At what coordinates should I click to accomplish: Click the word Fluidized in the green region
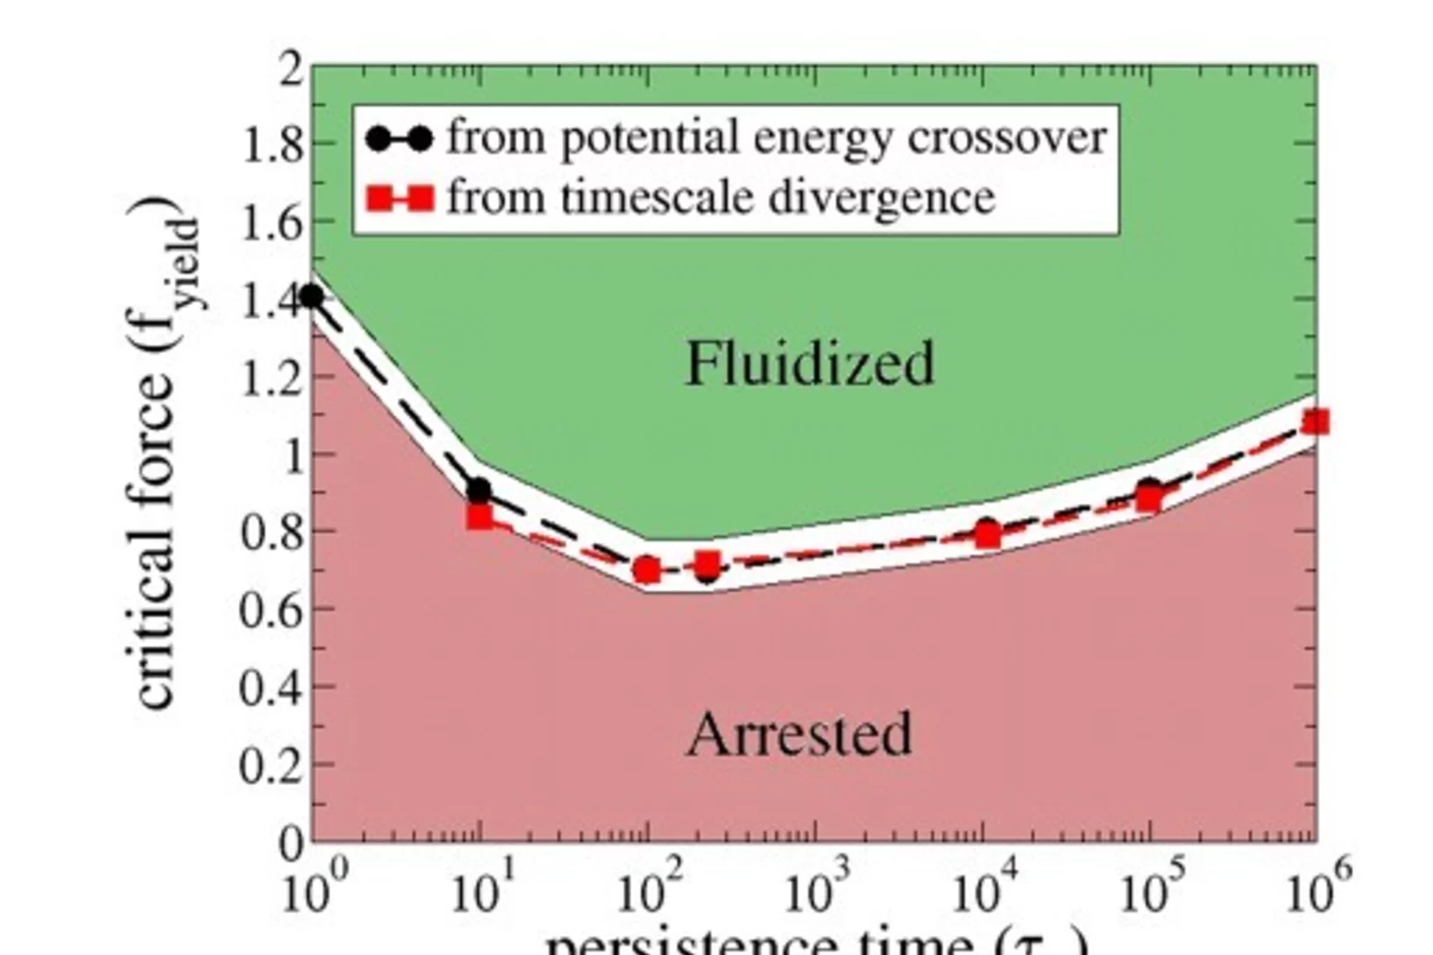(809, 363)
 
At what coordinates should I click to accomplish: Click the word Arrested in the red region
(799, 734)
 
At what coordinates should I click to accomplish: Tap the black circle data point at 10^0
(312, 297)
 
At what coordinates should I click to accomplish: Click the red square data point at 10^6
(1315, 422)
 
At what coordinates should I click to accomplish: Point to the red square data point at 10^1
(479, 517)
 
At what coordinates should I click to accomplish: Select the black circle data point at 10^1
(479, 491)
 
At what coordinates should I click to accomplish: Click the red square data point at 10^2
(647, 570)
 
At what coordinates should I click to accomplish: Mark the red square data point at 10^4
(988, 534)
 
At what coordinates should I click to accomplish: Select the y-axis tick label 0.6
(272, 610)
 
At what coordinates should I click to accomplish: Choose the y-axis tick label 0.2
(272, 766)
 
